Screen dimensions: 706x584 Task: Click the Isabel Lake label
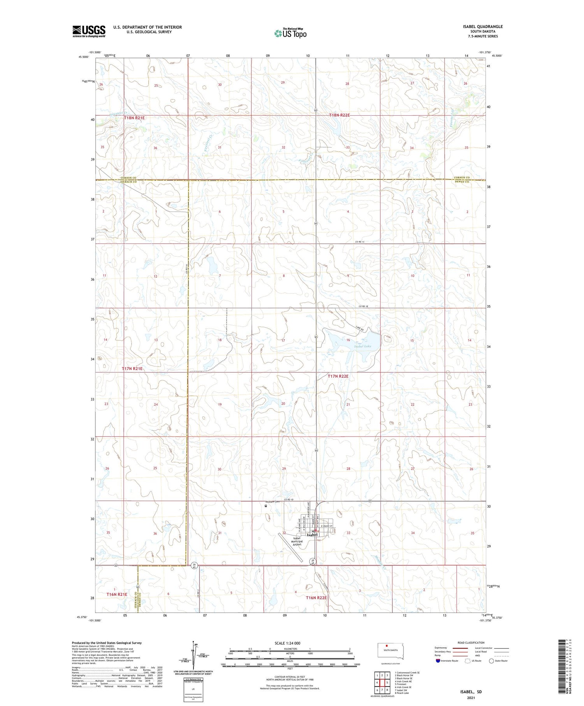[x=362, y=346]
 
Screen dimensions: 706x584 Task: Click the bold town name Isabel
[x=312, y=535]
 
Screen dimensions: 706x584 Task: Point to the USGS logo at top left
[x=89, y=31]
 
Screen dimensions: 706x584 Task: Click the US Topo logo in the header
[x=290, y=33]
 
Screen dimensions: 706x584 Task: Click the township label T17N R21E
[x=132, y=368]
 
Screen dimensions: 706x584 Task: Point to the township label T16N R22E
[x=316, y=597]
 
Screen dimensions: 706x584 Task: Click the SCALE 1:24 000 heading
[x=287, y=643]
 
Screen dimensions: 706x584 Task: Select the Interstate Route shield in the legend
[x=438, y=660]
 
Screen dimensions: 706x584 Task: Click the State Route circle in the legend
[x=491, y=660]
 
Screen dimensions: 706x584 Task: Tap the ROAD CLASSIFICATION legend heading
[x=471, y=643]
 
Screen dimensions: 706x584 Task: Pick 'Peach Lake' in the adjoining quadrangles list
[x=403, y=693]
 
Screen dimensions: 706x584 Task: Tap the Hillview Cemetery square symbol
[x=266, y=506]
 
